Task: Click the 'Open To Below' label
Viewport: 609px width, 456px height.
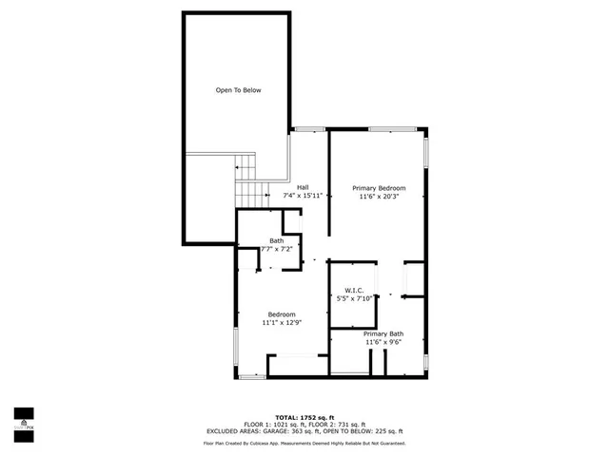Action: pyautogui.click(x=238, y=90)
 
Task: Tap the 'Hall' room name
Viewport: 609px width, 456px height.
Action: pyautogui.click(x=303, y=186)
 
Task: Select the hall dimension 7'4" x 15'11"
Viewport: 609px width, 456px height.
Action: pyautogui.click(x=304, y=195)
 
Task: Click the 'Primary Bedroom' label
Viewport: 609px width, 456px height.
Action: pyautogui.click(x=379, y=188)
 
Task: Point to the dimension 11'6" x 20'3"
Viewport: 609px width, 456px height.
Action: pyautogui.click(x=379, y=197)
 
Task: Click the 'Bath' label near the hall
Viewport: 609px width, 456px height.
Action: pyautogui.click(x=276, y=240)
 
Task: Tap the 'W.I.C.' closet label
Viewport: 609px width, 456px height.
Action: pyautogui.click(x=354, y=290)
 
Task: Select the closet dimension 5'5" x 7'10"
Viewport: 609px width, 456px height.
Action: pyautogui.click(x=354, y=298)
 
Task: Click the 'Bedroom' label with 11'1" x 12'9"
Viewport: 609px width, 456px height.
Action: pyautogui.click(x=281, y=314)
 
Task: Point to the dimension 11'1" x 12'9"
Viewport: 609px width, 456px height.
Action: pyautogui.click(x=281, y=323)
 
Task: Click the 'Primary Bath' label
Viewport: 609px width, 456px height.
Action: pyautogui.click(x=383, y=333)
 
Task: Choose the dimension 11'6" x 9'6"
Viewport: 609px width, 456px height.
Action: pyautogui.click(x=383, y=342)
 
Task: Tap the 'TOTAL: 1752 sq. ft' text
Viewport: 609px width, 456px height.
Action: pyautogui.click(x=304, y=417)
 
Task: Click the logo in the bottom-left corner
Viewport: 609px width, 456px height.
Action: pyautogui.click(x=23, y=419)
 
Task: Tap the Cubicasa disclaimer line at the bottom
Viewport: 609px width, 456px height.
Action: pyautogui.click(x=304, y=443)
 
